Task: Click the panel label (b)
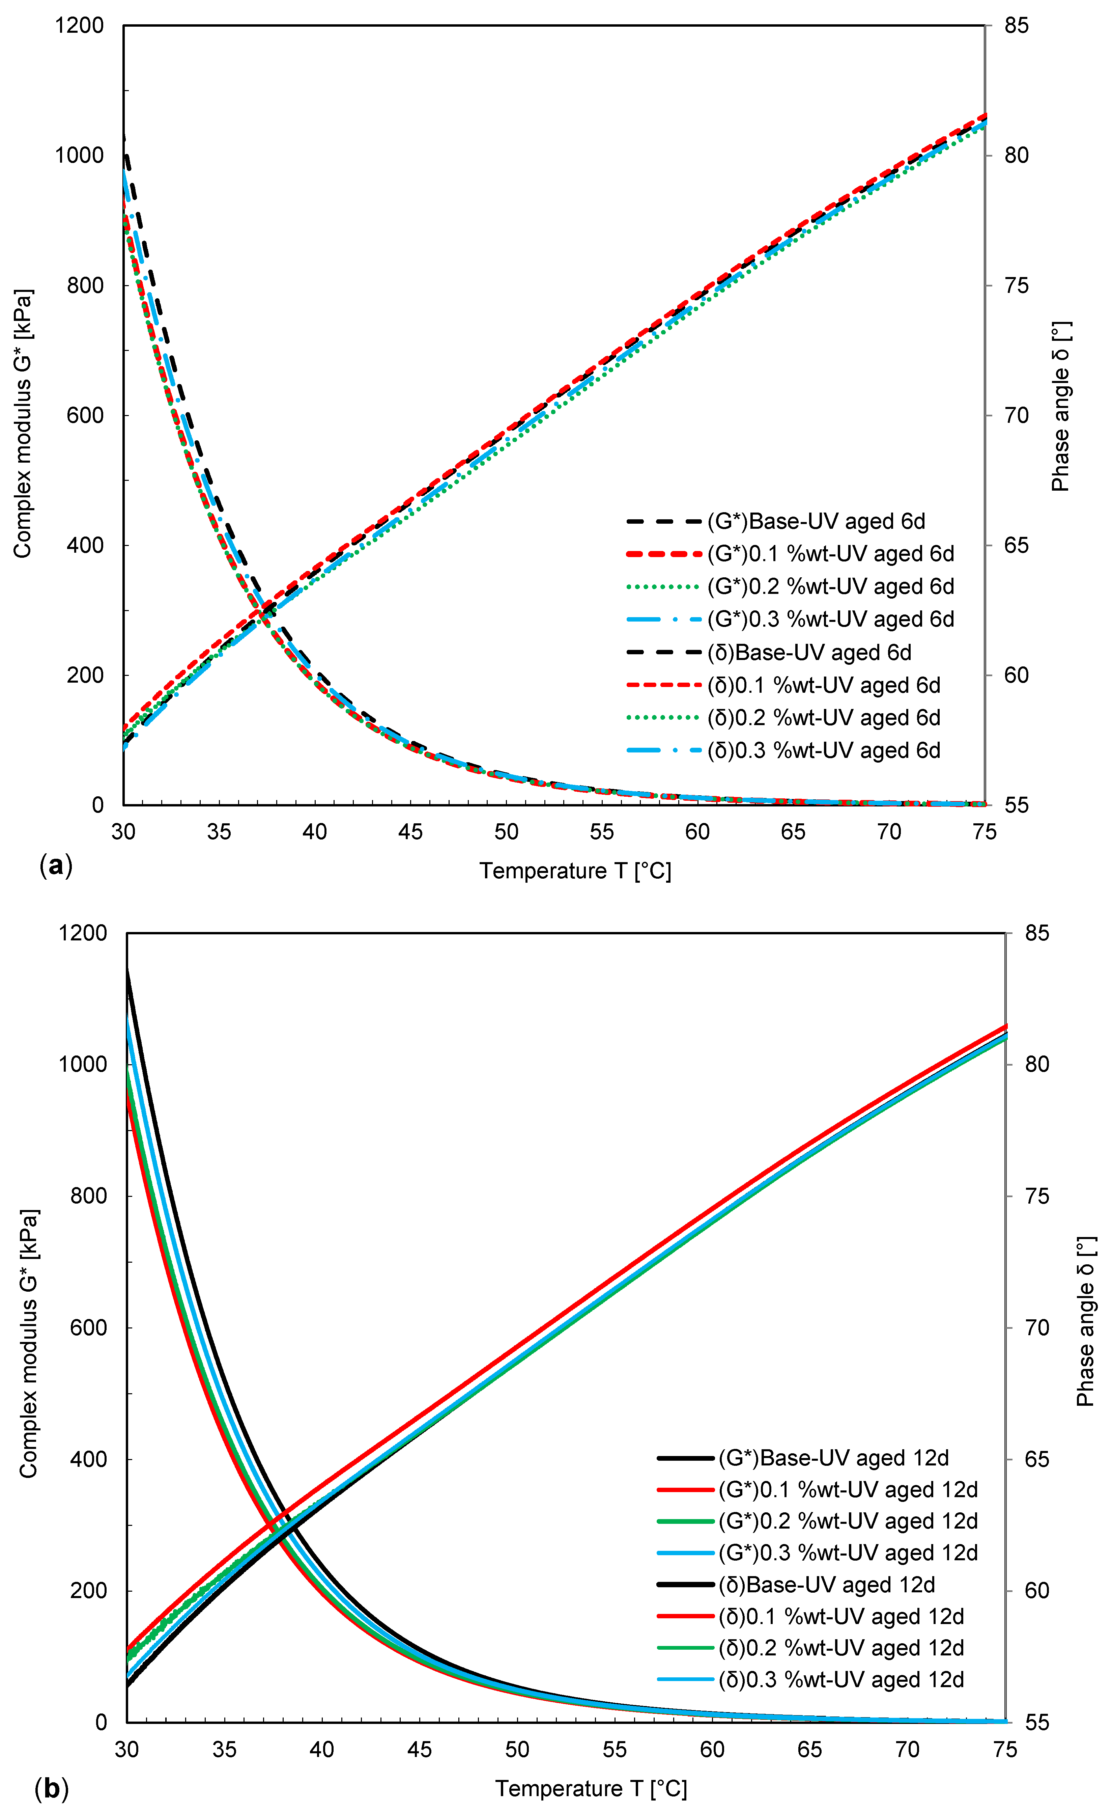click(x=52, y=1788)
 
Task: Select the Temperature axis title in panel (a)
click(x=575, y=871)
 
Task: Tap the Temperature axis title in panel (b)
click(x=591, y=1789)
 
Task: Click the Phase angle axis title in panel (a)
click(x=1060, y=407)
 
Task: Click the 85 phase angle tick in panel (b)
click(x=1036, y=933)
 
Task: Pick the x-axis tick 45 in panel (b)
click(x=419, y=1750)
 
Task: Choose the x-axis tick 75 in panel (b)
click(x=1005, y=1750)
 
